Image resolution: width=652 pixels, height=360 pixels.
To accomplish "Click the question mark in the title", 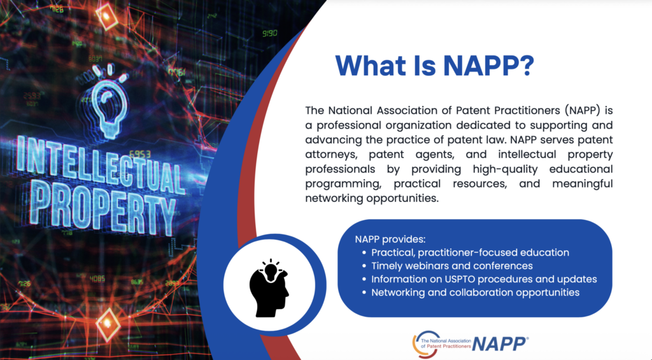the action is coord(527,66).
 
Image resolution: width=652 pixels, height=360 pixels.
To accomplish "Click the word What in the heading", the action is coord(371,66).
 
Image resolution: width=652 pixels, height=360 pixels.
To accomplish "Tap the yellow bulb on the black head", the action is coord(271,271).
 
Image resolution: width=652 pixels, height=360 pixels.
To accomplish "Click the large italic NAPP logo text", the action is coord(500,344).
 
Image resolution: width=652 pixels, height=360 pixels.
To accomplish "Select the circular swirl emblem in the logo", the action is coord(425,344).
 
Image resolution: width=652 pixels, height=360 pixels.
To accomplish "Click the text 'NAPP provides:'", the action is coord(390,240).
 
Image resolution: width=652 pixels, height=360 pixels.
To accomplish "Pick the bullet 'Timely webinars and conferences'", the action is coord(451,266).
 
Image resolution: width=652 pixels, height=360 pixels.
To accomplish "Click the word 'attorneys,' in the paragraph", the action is coord(331,155).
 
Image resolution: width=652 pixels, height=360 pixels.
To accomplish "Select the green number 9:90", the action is coord(270,33).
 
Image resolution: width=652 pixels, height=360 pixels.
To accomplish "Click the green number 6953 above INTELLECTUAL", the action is coord(139,154).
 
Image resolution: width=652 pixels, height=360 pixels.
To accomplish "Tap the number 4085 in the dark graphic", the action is coord(97,278).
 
